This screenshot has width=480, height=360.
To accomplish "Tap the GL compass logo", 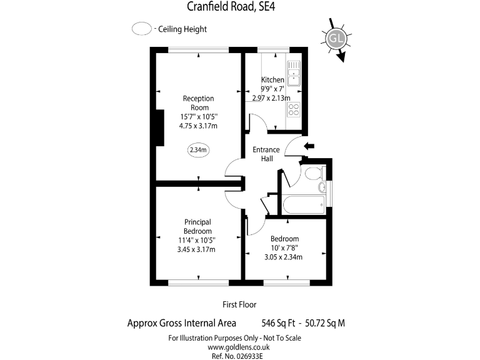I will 336,38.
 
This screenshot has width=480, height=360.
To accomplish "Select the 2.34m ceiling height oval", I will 198,150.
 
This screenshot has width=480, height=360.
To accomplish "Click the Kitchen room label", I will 272,80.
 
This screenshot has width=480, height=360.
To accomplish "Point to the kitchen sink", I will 294,73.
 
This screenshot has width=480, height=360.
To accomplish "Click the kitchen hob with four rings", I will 294,110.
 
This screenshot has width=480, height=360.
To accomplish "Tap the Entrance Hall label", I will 266,154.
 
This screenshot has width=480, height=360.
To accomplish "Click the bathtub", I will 304,204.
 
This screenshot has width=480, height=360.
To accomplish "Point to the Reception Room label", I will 198,102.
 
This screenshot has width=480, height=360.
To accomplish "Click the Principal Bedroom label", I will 197,226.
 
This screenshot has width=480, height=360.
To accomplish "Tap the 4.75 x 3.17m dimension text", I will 198,126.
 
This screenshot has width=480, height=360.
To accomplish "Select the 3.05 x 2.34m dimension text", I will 284,257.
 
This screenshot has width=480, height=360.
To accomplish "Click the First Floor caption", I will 240,304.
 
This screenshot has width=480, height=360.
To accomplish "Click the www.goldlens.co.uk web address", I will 235,347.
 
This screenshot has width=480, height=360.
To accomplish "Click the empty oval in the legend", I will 142,29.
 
